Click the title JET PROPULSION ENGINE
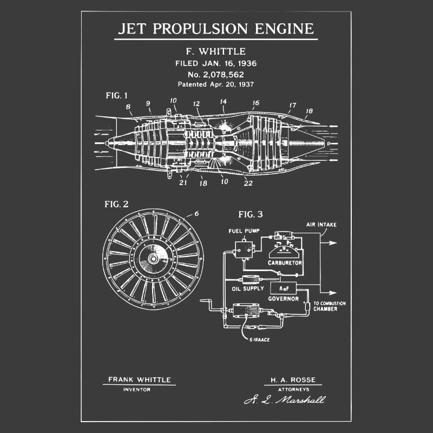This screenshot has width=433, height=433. coord(216,28)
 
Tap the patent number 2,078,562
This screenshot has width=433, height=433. coord(216,74)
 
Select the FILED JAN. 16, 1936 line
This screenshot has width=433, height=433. coord(216,63)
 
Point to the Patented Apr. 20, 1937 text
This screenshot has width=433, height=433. coord(216,84)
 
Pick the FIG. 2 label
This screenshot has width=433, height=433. coord(116,204)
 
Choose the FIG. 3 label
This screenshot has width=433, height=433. coord(251,214)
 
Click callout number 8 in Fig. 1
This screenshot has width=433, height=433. coord(128,107)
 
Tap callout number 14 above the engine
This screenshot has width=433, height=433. coord(224,101)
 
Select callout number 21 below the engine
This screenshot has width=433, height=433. coord(183,182)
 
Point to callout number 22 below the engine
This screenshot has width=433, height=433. coord(249,182)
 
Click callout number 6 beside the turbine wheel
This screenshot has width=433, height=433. coord(196,213)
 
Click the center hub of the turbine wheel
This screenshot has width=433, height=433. coord(153,259)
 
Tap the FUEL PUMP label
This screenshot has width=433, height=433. coord(244,231)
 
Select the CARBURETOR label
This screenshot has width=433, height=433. coord(285,263)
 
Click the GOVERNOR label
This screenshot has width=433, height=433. coord(284,299)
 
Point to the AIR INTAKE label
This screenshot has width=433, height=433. coord(322,224)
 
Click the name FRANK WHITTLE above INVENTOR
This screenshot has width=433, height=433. coord(139,379)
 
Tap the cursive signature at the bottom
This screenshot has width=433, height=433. coord(285,400)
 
